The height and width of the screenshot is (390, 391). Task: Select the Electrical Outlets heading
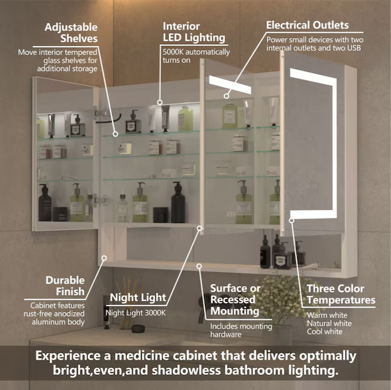click(x=307, y=25)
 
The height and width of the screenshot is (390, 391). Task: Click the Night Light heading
click(x=137, y=297)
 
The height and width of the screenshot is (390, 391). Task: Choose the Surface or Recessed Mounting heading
click(x=235, y=300)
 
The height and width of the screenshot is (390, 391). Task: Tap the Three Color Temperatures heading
click(x=340, y=294)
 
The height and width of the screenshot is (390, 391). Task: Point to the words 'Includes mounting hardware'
click(x=234, y=330)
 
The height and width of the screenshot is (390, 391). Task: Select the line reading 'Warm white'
click(x=326, y=314)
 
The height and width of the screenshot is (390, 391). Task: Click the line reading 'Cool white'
click(x=324, y=331)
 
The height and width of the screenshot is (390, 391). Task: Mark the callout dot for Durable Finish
click(x=104, y=258)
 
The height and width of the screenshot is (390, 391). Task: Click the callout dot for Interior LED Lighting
click(x=160, y=102)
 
